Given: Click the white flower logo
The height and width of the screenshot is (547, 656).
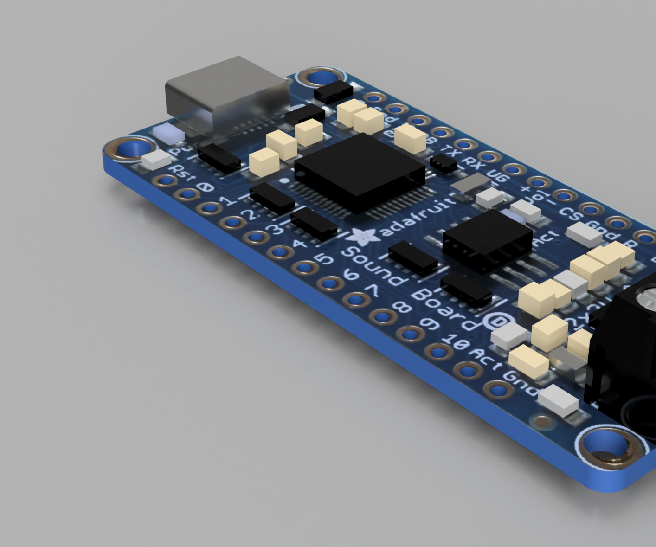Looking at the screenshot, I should pyautogui.click(x=364, y=237).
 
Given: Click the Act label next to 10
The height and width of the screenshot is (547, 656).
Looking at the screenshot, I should pyautogui.click(x=485, y=359).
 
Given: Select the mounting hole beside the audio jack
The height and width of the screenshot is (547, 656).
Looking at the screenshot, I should pyautogui.click(x=608, y=448).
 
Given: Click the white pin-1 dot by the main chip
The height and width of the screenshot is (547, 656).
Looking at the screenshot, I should pyautogui.click(x=285, y=180).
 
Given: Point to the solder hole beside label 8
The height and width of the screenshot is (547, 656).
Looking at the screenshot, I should pyautogui.click(x=382, y=317).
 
